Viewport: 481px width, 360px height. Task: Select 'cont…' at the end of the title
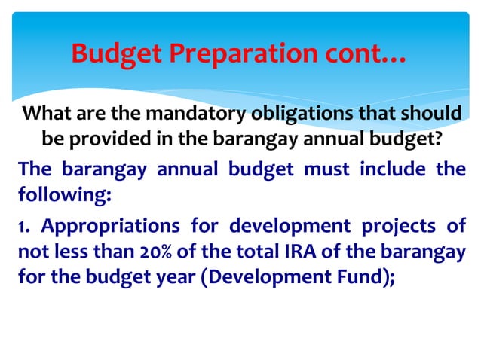(364, 54)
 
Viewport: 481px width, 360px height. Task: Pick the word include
(393, 169)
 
